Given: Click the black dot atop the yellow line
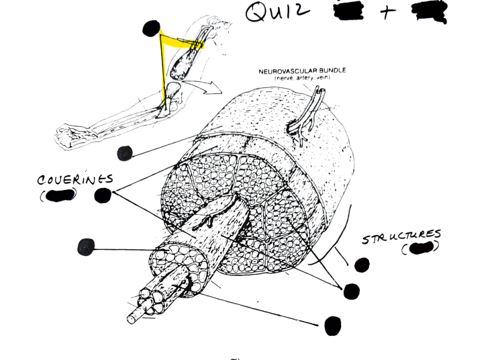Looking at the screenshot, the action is pyautogui.click(x=151, y=28).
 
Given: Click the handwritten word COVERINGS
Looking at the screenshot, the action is pyautogui.click(x=75, y=181).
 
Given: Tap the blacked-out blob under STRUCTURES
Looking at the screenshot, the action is pyautogui.click(x=422, y=249).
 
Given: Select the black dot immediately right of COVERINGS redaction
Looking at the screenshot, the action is pyautogui.click(x=103, y=195).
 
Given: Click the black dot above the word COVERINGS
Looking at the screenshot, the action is pyautogui.click(x=124, y=154).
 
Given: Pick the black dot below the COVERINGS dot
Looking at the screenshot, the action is pyautogui.click(x=86, y=247).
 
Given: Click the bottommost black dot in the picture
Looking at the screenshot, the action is pyautogui.click(x=333, y=326).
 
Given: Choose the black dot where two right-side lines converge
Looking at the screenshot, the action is pyautogui.click(x=351, y=291).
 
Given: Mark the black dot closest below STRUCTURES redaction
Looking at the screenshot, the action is pyautogui.click(x=362, y=265).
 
